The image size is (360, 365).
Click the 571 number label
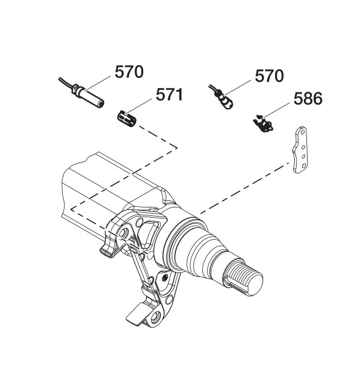coord(169,95)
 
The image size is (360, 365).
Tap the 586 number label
coord(308,99)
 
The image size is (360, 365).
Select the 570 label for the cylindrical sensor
coord(129,72)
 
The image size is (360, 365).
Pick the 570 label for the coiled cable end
coord(269,75)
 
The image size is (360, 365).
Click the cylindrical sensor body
coord(89,96)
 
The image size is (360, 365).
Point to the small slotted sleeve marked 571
coord(127,119)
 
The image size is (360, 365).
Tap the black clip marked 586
coord(263,123)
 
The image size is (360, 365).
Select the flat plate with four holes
coord(300,150)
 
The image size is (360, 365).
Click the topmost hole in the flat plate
coord(303,132)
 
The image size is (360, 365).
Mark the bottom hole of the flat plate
coord(304,165)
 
